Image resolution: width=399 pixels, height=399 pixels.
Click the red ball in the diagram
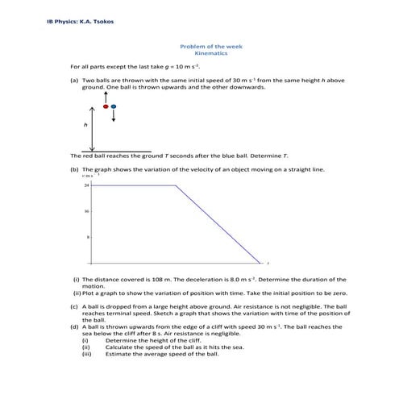click(x=106, y=106)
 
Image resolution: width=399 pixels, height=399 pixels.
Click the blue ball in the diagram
click(x=114, y=106)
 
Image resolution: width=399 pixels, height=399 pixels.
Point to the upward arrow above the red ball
click(x=106, y=98)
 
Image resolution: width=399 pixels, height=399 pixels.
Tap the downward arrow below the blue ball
click(x=114, y=115)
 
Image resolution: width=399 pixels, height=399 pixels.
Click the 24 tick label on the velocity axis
click(x=86, y=186)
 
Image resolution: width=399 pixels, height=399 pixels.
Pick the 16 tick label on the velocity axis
click(x=86, y=212)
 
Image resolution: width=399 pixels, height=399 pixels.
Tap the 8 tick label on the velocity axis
click(x=87, y=238)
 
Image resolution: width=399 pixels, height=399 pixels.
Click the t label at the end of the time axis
click(x=267, y=264)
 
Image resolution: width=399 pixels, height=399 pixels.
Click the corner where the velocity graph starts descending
click(x=175, y=186)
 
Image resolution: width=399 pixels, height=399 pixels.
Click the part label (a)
click(x=75, y=81)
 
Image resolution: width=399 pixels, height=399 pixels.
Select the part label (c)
click(x=75, y=307)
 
